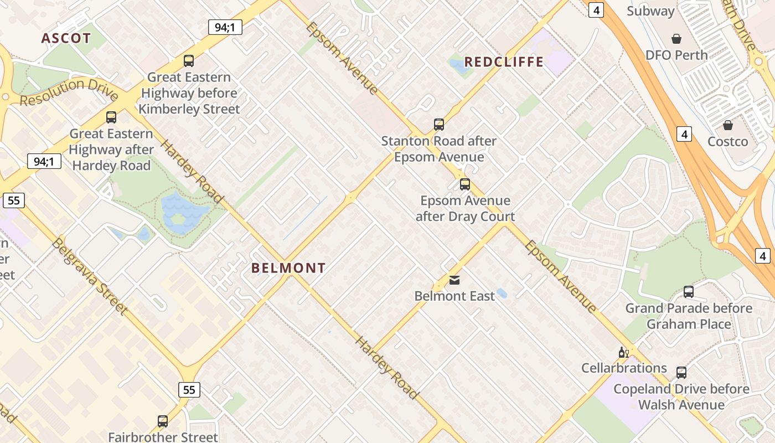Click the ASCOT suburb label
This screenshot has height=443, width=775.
pos(66,38)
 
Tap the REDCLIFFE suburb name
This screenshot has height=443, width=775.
pos(504,61)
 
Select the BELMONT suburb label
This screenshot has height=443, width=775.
pos(288,268)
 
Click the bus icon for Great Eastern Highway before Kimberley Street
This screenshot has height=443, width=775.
pos(189,61)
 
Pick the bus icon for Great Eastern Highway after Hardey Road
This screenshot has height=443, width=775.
pos(111,117)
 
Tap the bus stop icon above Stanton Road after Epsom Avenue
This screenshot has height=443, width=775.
pos(439,125)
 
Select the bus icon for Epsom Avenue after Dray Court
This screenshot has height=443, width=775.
pos(465,184)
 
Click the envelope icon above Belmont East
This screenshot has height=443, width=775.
pos(454,280)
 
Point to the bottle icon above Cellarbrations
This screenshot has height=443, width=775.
pos(623,352)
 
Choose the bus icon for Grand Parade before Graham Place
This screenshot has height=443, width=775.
pos(689,292)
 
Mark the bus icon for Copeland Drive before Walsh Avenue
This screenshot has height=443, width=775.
pos(681,373)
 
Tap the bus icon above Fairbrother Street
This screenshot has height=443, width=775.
pos(163,421)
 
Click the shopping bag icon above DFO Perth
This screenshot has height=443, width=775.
pos(676,39)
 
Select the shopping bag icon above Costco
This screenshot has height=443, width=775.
pos(728,125)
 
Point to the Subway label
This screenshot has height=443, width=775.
pos(650,11)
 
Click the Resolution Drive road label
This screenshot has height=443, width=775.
pos(69,92)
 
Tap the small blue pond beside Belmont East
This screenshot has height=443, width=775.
pos(502,293)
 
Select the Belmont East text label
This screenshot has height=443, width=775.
pos(454,296)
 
